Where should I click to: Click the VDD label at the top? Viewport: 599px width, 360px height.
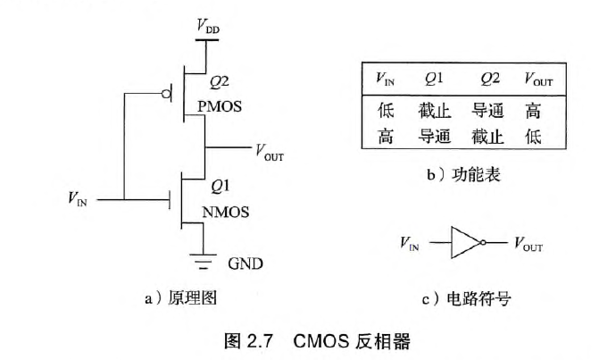click(208, 29)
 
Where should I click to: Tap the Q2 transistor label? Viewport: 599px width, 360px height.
click(219, 82)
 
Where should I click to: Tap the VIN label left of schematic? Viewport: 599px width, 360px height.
click(79, 199)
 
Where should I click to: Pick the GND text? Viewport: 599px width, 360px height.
click(245, 264)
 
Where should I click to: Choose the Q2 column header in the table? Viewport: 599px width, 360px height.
click(490, 80)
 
